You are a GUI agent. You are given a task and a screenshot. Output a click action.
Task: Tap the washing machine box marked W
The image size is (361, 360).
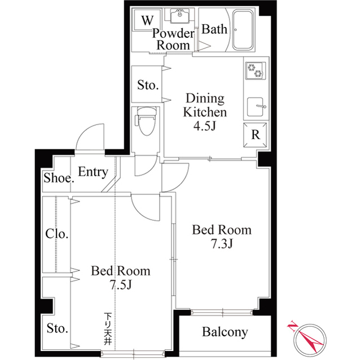[x=147, y=21]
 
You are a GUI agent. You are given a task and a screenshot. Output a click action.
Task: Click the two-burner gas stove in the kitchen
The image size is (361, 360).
[x=255, y=70]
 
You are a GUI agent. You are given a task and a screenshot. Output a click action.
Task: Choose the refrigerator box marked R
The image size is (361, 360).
[x=255, y=135]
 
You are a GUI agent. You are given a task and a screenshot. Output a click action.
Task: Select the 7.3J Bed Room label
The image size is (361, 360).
[x=222, y=237]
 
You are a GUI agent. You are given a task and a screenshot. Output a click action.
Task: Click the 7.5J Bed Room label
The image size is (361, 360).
[x=121, y=278]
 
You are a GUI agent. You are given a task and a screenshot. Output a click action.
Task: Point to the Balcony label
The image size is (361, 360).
[x=224, y=332]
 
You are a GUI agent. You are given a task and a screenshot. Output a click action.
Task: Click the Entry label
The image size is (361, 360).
[x=93, y=172]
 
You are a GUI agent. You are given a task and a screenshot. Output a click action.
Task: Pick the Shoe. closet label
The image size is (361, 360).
[x=59, y=180]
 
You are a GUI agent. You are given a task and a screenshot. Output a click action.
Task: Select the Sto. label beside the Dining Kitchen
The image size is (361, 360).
[x=148, y=86]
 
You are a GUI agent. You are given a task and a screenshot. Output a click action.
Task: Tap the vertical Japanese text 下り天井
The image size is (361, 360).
[x=107, y=326]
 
